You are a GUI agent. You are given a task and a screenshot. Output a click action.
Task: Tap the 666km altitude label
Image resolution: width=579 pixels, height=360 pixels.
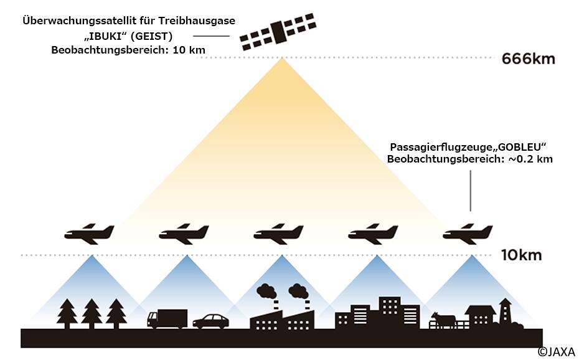click(528, 60)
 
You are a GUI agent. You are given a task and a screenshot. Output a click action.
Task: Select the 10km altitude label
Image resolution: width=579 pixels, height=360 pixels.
click(522, 255)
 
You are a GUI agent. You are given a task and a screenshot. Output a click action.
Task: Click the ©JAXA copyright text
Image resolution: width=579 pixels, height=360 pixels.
click(557, 352)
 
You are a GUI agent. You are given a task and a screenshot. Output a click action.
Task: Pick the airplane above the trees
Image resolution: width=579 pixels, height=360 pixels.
click(90, 234)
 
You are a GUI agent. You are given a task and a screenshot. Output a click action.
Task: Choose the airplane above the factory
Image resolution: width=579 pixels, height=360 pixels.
click(278, 234)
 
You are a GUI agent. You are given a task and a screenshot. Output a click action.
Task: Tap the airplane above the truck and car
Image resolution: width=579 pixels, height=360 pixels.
click(184, 234)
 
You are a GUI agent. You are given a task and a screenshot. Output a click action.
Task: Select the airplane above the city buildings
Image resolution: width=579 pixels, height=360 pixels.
click(373, 234)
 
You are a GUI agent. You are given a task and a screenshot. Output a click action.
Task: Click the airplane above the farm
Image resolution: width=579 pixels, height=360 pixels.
click(468, 234)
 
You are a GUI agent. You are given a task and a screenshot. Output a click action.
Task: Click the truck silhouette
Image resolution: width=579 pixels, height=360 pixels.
click(167, 318)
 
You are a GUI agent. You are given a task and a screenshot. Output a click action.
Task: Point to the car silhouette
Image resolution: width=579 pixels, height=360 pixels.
click(210, 321)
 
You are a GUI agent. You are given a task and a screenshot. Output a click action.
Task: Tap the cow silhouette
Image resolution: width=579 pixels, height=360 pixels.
click(443, 320)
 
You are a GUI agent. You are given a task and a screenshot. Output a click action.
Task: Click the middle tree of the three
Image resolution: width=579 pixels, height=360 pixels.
click(92, 313)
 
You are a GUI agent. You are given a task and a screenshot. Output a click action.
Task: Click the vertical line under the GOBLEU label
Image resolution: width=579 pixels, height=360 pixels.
click(470, 191)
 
